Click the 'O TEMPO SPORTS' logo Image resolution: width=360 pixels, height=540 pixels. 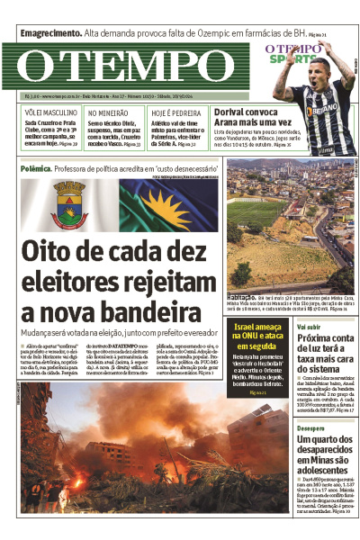tap(292, 52)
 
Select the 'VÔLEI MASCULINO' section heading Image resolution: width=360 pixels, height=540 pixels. tap(49, 112)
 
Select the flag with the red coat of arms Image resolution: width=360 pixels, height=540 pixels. tap(68, 204)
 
